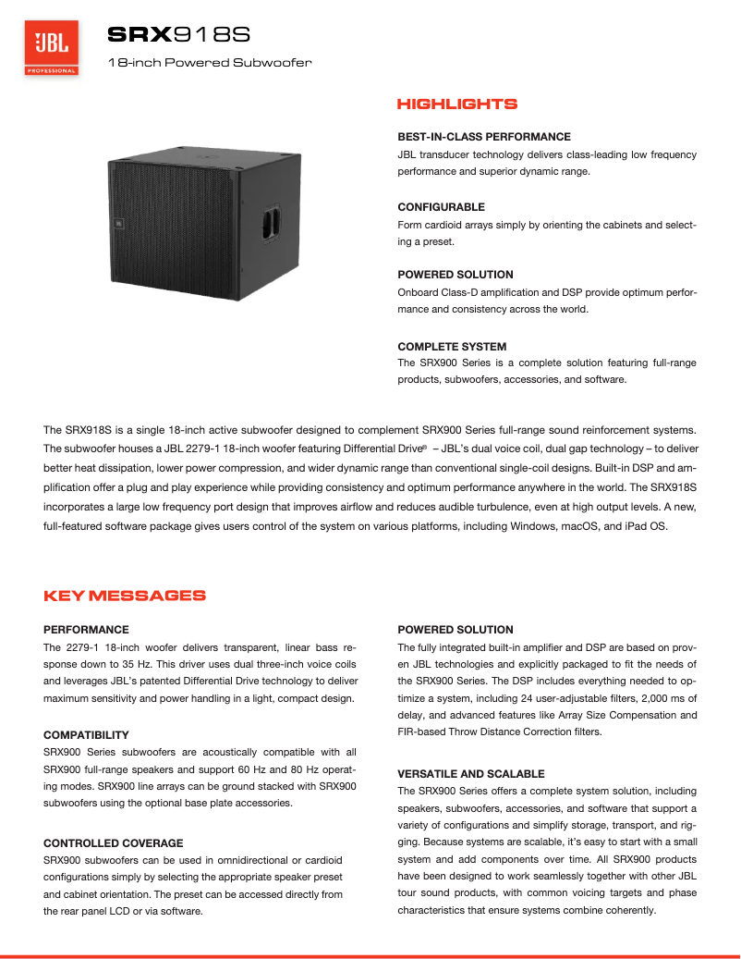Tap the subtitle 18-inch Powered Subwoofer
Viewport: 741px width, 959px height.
point(210,63)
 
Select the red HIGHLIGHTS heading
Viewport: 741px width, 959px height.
point(456,105)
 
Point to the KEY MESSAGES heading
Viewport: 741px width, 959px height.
point(125,596)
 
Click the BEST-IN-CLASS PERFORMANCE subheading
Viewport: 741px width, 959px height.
point(484,136)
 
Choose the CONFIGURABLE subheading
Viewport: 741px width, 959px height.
point(441,206)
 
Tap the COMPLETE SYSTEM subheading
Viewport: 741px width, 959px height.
point(452,346)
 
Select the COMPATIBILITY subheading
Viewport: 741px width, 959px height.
point(92,734)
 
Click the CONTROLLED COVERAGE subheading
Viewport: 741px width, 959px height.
point(114,842)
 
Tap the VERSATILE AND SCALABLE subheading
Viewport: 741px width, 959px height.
point(471,773)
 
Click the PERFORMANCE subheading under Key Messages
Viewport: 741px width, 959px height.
point(86,629)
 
